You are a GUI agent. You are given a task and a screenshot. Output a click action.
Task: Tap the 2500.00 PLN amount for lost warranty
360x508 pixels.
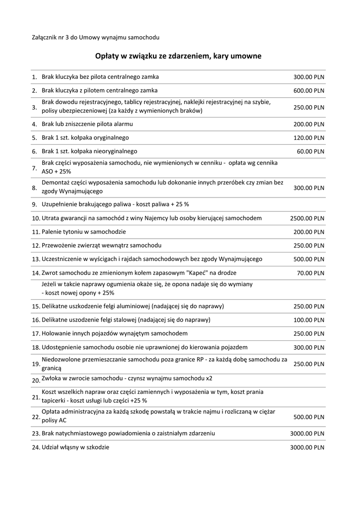click(x=307, y=218)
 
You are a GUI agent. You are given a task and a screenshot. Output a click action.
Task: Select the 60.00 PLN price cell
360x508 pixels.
click(x=310, y=151)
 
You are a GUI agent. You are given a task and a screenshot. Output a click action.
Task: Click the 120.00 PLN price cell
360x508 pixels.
click(x=309, y=138)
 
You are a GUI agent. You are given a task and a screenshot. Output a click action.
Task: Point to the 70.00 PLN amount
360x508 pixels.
click(x=310, y=273)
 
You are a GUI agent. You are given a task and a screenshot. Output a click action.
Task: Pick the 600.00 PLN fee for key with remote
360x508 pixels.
click(x=309, y=91)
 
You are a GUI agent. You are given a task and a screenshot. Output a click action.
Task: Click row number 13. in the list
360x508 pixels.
click(x=36, y=259)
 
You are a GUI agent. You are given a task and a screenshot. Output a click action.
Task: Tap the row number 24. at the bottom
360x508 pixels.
click(x=36, y=447)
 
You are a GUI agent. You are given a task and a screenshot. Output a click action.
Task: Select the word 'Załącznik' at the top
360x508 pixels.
click(x=44, y=38)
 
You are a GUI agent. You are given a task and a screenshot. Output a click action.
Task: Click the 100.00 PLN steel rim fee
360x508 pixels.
click(x=309, y=320)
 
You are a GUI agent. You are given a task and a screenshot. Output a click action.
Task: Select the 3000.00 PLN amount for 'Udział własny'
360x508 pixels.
click(x=307, y=447)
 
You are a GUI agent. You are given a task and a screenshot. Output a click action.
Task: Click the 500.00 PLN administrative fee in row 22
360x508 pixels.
click(x=309, y=417)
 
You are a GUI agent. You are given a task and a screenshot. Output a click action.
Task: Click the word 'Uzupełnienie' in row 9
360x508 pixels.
click(x=60, y=204)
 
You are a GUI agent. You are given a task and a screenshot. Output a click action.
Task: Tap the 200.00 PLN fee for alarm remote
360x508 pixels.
click(x=309, y=124)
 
